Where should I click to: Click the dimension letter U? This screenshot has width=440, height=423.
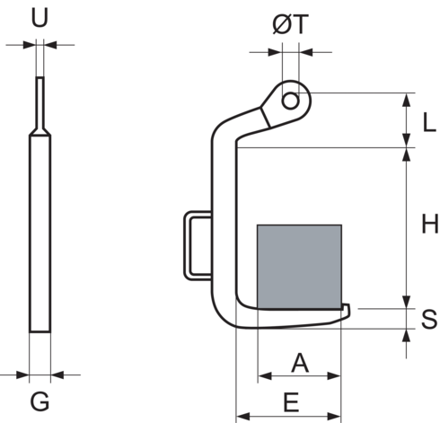coord(40,17)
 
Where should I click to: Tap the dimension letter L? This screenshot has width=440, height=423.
coord(428,120)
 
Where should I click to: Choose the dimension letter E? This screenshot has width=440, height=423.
coord(290,402)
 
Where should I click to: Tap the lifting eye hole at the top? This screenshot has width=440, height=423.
coord(290,100)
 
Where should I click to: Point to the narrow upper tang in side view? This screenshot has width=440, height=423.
coord(40,103)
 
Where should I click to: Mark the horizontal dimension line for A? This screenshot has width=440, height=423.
coord(299,376)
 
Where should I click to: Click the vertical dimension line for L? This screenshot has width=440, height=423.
coord(409,119)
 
